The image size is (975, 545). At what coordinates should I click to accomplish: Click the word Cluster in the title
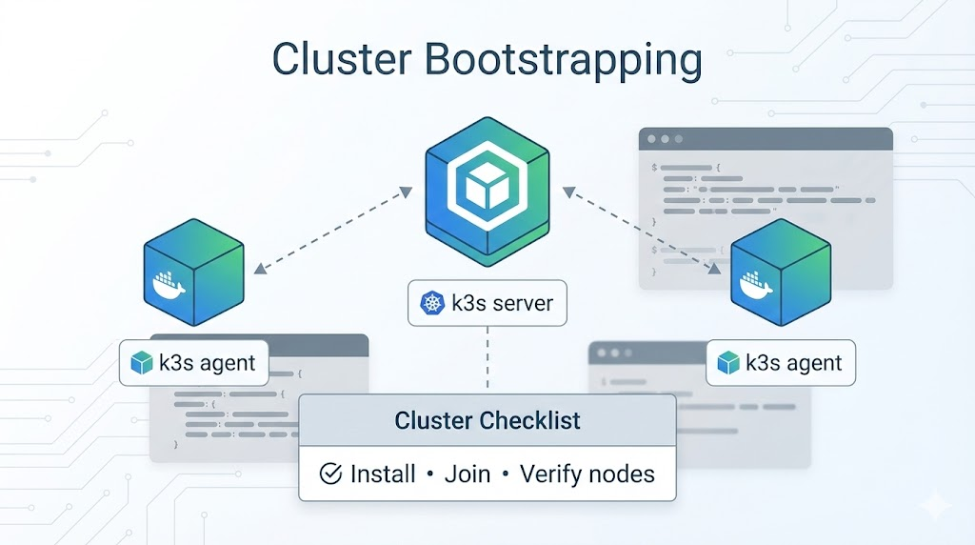[340, 59]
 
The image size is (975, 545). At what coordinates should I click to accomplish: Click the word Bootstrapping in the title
[560, 59]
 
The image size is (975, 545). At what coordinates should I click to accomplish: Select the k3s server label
[487, 304]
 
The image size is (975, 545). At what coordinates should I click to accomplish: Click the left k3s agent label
[193, 363]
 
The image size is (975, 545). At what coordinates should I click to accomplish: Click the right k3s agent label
[781, 363]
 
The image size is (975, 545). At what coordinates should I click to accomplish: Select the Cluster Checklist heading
[487, 420]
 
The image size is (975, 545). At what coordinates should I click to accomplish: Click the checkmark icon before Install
[330, 474]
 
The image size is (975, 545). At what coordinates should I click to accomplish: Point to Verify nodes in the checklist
[587, 474]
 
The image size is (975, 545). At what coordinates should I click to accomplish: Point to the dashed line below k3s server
[487, 358]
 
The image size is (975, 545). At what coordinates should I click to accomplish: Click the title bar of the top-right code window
[766, 138]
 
